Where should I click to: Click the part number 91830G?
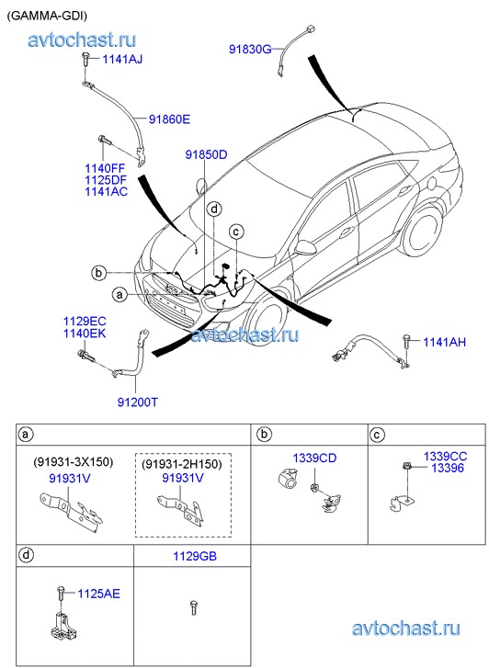pos(250,50)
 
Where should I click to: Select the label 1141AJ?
pos(122,59)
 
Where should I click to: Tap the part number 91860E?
pos(169,119)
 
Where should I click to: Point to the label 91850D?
pos(206,154)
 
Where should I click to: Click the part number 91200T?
pos(138,402)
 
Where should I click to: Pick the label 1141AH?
pos(444,342)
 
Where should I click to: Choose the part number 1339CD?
pos(314,458)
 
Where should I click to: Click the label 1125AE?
pos(99,594)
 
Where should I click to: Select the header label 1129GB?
pos(195,556)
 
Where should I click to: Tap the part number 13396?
pos(448,469)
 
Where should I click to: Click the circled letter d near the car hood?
pos(214,209)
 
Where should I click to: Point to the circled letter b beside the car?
pos(99,272)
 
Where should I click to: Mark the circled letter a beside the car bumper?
pos(120,294)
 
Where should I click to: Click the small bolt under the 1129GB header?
pos(194,607)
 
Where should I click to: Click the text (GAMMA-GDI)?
pos(47,16)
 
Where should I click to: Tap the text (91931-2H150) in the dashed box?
pos(182,464)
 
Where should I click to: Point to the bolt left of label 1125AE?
pos(60,594)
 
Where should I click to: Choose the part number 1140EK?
pos(85,334)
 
